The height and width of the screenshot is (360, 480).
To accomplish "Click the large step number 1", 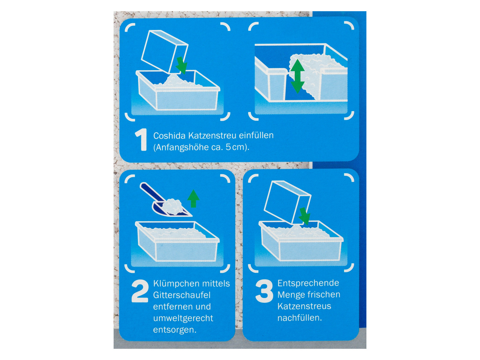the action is click(141, 140).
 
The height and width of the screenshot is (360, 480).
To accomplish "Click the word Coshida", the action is click(169, 136).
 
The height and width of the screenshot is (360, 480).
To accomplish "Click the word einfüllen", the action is click(256, 135).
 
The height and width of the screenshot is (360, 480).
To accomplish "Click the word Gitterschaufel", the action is click(182, 295).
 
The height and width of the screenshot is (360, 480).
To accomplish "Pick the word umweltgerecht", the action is click(183, 318).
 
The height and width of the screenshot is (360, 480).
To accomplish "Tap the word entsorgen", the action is click(175, 330).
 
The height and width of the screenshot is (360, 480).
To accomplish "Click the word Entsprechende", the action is click(308, 283).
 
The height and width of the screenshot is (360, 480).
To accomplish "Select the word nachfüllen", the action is click(300, 318).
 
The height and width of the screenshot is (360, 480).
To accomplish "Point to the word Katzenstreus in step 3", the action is click(304, 306).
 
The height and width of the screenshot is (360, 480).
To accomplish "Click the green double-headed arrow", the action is click(297, 76).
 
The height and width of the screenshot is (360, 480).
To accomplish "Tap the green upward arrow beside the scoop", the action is click(193, 198).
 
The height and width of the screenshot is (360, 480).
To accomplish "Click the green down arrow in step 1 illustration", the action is click(181, 65).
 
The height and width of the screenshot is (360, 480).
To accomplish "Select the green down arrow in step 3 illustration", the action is click(304, 216).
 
